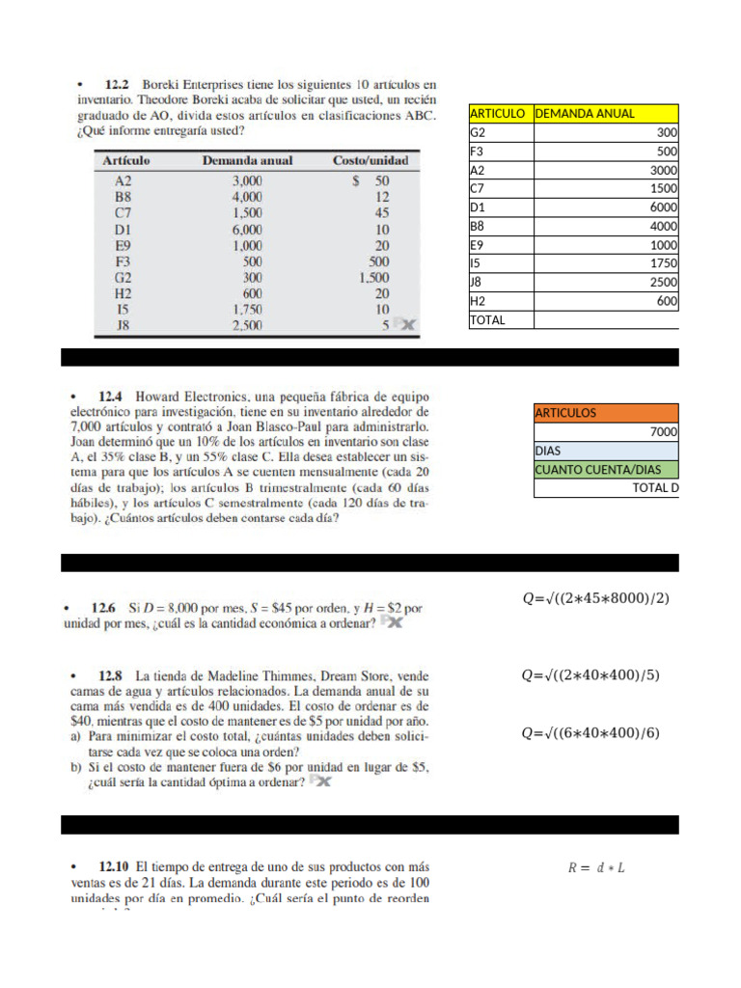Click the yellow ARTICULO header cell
[x=499, y=113]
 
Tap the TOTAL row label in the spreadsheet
[x=488, y=319]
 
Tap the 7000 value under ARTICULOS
[x=663, y=432]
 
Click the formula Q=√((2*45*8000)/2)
[x=594, y=598]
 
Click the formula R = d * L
[x=596, y=867]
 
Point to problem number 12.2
[x=121, y=85]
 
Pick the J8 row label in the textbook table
[x=123, y=326]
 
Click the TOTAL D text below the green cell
[x=655, y=488]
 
